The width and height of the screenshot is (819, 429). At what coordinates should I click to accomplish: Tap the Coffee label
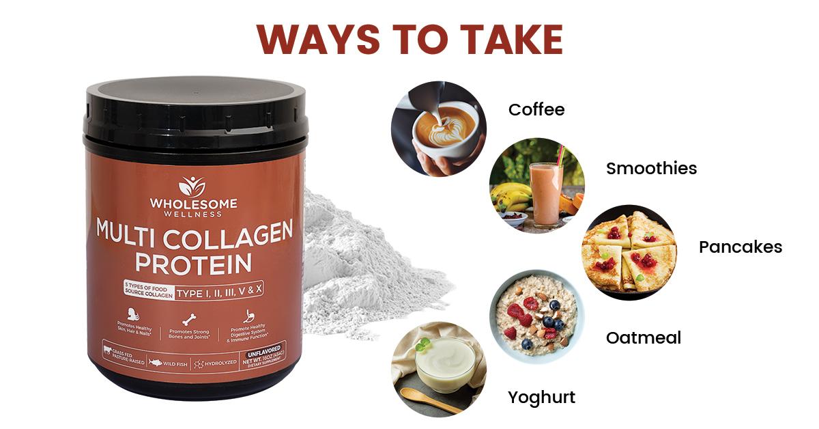pos(536,109)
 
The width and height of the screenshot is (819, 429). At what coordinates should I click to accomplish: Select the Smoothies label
pos(651,168)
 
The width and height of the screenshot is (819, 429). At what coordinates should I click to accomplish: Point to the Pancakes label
pos(740,247)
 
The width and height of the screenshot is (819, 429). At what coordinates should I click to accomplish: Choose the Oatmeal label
pos(643,337)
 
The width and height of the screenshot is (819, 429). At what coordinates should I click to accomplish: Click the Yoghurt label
pos(541,397)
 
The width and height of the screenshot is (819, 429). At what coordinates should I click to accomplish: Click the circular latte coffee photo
pos(438,128)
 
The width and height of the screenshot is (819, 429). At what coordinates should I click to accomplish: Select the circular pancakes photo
pos(629,252)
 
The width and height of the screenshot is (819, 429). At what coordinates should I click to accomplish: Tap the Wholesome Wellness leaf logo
pos(192,185)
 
